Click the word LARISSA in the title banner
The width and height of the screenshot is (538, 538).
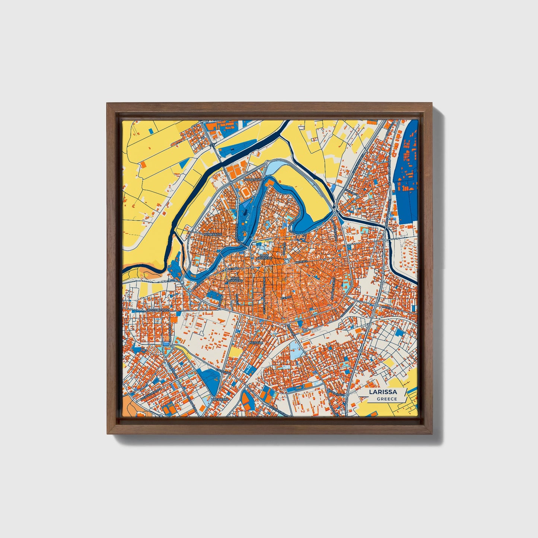[383, 392]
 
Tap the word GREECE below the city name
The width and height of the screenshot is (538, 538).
[386, 399]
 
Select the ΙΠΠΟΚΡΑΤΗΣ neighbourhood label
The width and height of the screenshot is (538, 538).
[213, 235]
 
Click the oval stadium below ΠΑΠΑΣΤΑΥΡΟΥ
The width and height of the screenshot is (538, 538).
[246, 192]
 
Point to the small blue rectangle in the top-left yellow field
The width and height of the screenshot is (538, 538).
[151, 131]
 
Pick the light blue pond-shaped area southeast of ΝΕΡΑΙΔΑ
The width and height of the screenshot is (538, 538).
[295, 350]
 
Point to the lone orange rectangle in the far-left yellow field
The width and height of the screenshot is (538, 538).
[143, 164]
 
